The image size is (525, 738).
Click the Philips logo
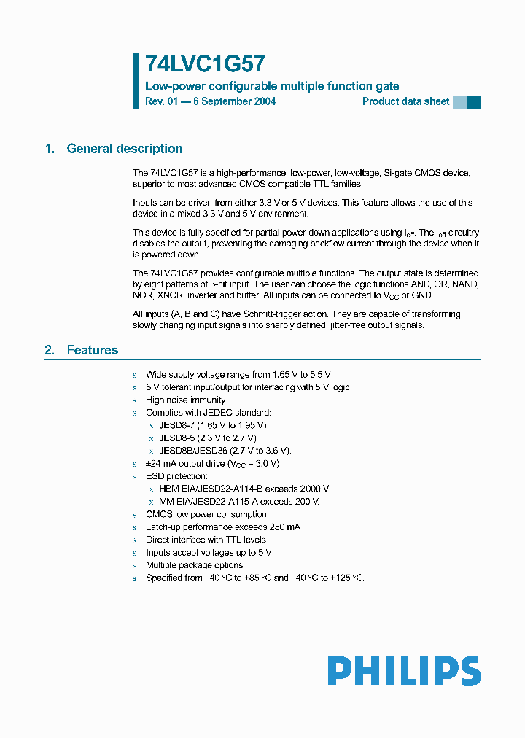(404, 671)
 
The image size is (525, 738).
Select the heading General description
(125, 149)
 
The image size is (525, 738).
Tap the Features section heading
(92, 350)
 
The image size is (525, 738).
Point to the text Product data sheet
(405, 101)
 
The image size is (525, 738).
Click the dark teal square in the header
(474, 102)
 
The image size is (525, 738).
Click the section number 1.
(50, 149)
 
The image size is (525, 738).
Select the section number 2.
(50, 350)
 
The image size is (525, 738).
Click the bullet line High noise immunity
(185, 400)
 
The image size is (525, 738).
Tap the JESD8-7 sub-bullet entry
(176, 425)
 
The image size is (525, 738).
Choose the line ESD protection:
(176, 476)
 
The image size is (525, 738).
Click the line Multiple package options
(194, 565)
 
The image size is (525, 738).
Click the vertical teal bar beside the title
(136, 80)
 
